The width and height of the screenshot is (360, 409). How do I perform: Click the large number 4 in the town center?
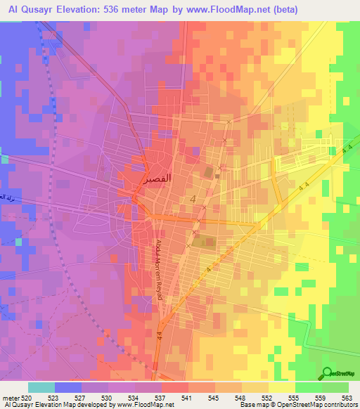192,202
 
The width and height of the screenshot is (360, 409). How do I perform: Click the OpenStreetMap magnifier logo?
327,374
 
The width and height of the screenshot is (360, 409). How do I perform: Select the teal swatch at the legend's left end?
41,387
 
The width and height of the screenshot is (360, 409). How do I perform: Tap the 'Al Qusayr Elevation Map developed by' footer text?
60,405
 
